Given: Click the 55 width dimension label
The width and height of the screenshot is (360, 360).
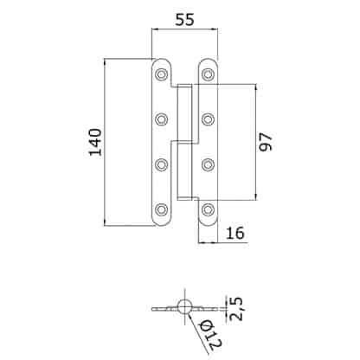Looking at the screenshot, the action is coord(185,20).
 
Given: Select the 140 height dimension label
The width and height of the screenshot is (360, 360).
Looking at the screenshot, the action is coord(95,142).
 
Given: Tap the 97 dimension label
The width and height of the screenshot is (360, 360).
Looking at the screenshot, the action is coord(266,142).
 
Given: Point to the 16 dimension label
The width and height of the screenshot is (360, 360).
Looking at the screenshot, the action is coord(235,233).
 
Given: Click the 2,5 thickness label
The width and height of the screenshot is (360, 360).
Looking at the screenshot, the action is coord(236,308).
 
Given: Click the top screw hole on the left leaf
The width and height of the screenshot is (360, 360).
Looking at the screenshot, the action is coord(161,74).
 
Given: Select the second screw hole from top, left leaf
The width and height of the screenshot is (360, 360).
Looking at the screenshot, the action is coord(161,119).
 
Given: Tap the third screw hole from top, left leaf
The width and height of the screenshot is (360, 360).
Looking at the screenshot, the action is coord(161,164).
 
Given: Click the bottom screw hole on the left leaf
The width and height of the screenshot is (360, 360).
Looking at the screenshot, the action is coord(161,209).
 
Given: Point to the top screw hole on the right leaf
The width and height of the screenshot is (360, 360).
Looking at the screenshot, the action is coord(208,74).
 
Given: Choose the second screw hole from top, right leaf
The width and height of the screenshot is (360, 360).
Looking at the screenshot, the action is coord(208,119).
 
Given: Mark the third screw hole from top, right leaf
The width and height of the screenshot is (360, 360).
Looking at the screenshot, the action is coord(208,164).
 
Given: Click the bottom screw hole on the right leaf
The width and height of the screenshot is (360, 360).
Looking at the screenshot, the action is coord(208,209).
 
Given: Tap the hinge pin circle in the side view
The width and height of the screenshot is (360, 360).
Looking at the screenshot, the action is coord(184,306).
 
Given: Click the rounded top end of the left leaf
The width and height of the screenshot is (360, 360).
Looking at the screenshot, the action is coord(162,59).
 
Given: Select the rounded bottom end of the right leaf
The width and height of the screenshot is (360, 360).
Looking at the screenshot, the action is coord(208,225).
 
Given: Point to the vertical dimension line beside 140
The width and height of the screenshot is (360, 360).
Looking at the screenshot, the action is coord(105,142).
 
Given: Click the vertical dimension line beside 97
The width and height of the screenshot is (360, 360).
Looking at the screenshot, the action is coord(255,142).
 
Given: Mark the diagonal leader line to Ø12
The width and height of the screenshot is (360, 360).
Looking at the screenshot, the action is coord(198,334).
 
